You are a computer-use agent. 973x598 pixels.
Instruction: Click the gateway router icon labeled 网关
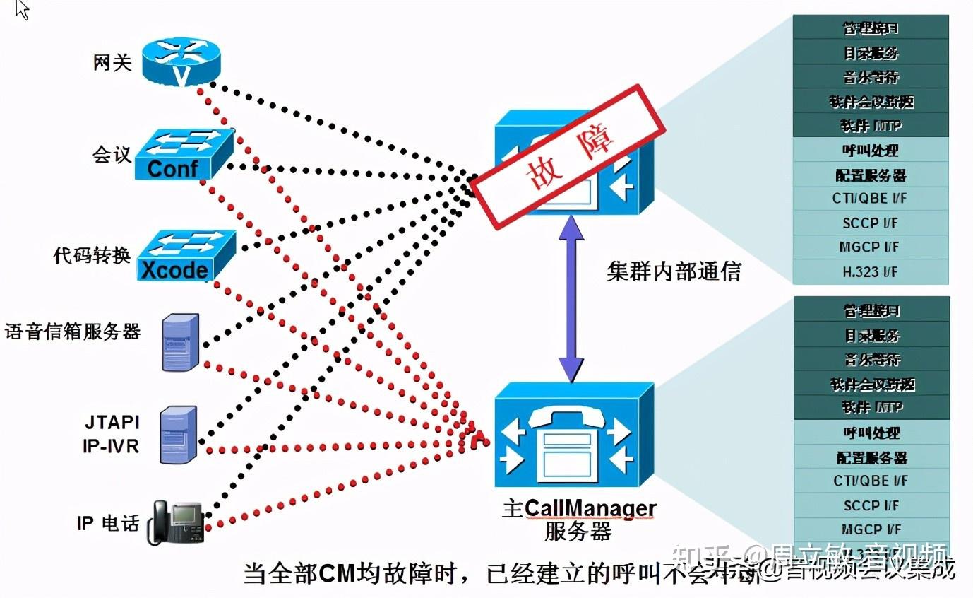coord(181,62)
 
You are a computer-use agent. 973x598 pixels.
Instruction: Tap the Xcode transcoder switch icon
coord(185,254)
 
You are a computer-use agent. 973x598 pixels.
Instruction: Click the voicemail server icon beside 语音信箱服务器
coord(180,343)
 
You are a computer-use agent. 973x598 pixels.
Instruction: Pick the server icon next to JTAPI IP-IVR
coord(178,435)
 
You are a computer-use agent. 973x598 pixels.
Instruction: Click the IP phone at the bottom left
coord(176,522)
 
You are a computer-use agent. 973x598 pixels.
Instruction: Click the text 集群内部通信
coord(674,271)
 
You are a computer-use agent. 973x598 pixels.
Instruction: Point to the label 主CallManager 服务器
coord(579,520)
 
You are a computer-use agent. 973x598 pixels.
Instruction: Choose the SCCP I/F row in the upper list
coord(870,223)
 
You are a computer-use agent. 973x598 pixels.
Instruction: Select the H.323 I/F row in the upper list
coord(870,271)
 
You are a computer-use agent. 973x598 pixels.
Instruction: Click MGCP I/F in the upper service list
coord(870,247)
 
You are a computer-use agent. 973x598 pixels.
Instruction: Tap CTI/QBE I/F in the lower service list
coord(871,481)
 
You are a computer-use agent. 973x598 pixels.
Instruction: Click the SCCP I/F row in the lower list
coord(871,505)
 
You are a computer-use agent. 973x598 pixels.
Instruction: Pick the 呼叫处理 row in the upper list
coord(870,151)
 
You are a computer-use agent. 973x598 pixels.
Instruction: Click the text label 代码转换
coord(92,255)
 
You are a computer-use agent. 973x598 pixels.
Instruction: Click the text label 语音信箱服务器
coord(73,332)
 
